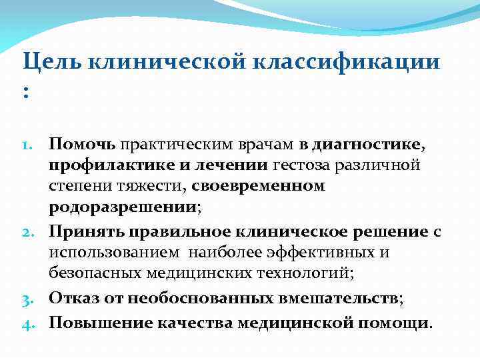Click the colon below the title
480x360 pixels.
tap(26, 93)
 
